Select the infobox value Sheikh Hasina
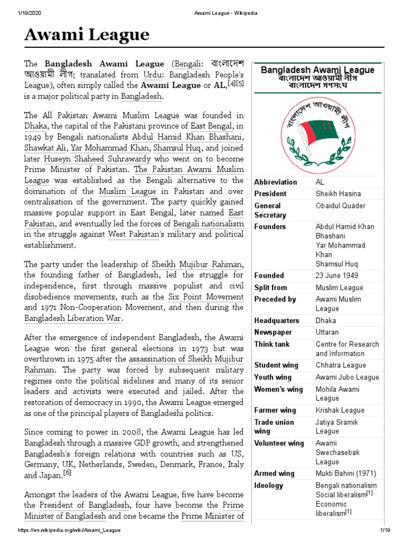pyautogui.click(x=338, y=194)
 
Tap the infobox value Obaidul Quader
pyautogui.click(x=340, y=206)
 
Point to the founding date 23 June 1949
pyautogui.click(x=337, y=276)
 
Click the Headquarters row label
pyautogui.click(x=276, y=321)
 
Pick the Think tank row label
pyautogui.click(x=272, y=344)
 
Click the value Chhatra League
pyautogui.click(x=341, y=365)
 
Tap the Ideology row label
pyautogui.click(x=269, y=486)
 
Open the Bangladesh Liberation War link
pyautogui.click(x=73, y=318)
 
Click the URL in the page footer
pyautogui.click(x=69, y=531)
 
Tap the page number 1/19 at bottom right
pyautogui.click(x=385, y=531)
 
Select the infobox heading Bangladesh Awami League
pyautogui.click(x=318, y=70)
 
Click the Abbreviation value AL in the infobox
pyautogui.click(x=320, y=182)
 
